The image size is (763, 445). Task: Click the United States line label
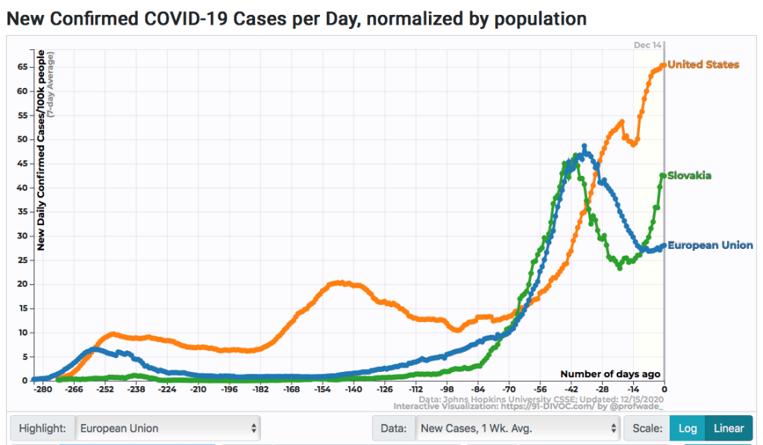coord(703,65)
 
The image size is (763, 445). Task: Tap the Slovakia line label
coord(689,176)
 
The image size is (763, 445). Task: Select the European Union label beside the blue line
coord(709,245)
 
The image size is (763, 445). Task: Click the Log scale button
coord(688,429)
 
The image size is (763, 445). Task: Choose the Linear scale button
coord(729,429)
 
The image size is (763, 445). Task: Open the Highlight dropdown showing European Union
coord(169,429)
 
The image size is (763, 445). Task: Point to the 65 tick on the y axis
coord(22,67)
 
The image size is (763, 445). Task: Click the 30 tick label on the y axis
coord(22,236)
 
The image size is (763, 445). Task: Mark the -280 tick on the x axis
coord(43,389)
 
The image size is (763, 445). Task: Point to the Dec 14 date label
coord(647,45)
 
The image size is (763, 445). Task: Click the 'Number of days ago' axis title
coord(610,374)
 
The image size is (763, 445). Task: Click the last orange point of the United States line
coord(664,65)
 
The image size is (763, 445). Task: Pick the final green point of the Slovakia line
coord(663,176)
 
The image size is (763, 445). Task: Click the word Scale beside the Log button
coord(647,429)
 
